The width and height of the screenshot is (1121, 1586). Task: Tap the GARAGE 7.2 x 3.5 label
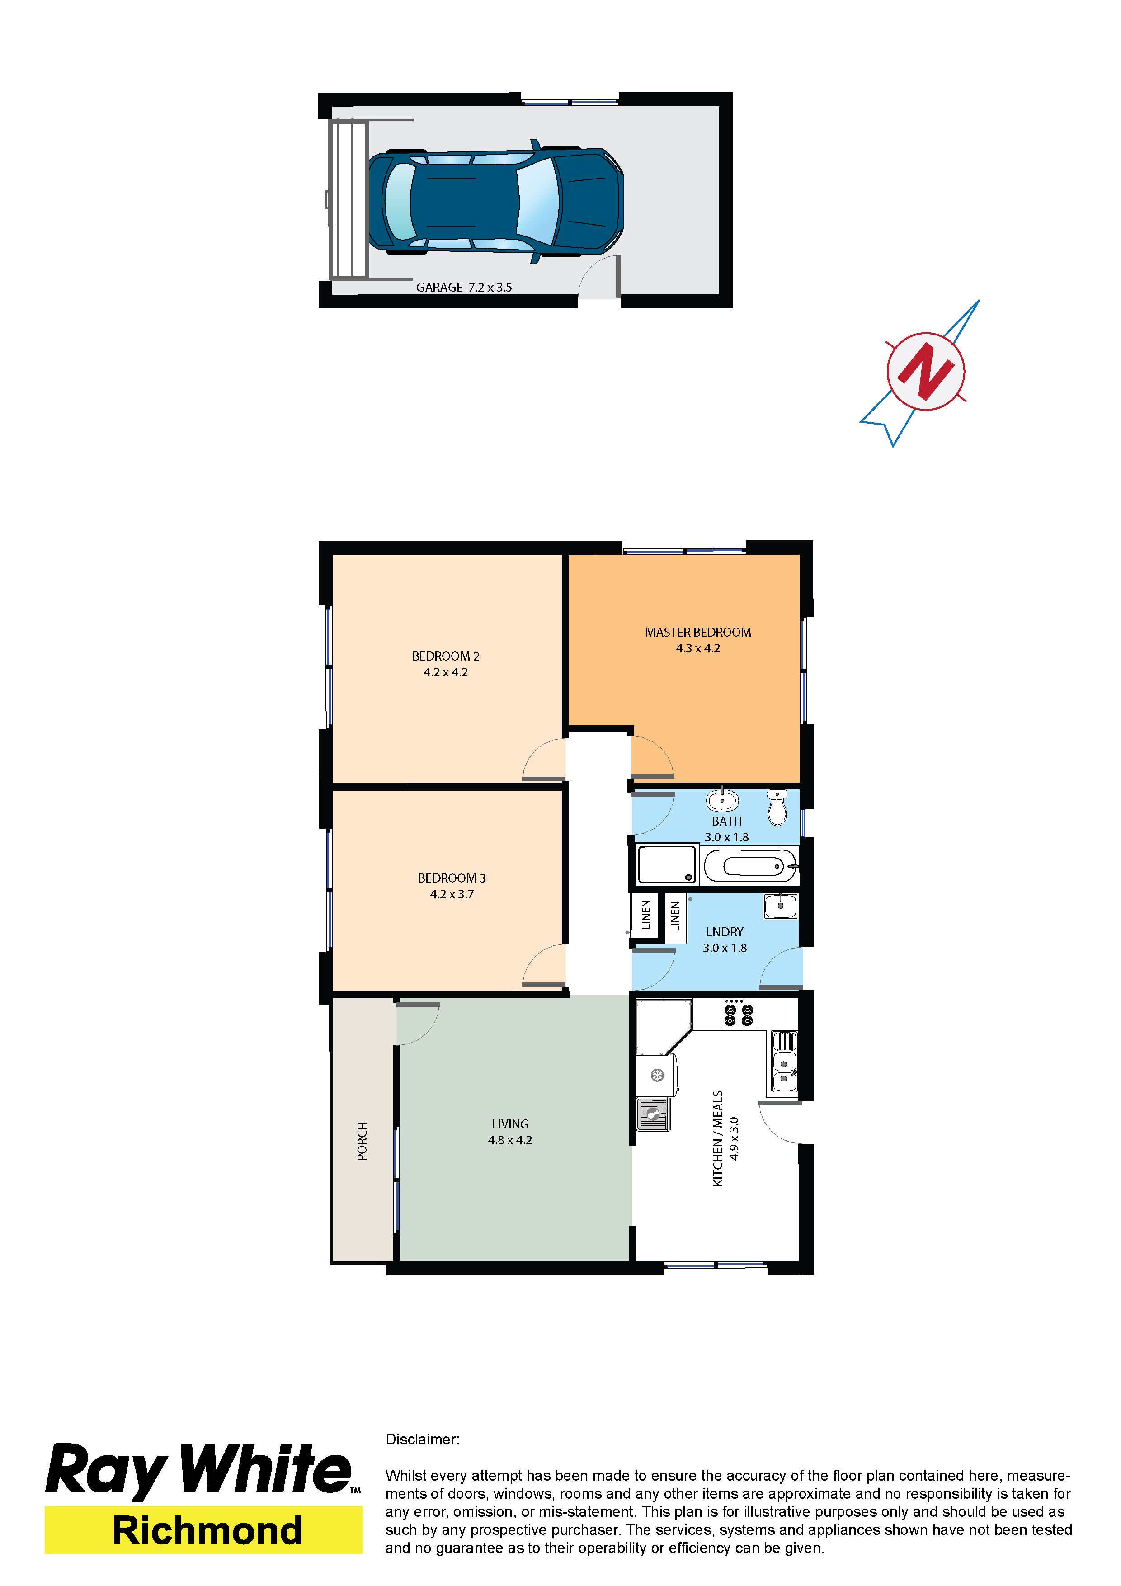pos(464,288)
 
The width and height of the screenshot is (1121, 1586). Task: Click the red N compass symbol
pos(926,372)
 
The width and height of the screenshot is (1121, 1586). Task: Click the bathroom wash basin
pos(722,799)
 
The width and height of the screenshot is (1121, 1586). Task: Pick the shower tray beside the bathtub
pos(667,865)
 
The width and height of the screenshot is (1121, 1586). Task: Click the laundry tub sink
pos(781,906)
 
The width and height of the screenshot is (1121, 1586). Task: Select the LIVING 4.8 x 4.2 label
pos(510,1132)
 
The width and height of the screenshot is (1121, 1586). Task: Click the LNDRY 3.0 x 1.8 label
pos(725,940)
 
